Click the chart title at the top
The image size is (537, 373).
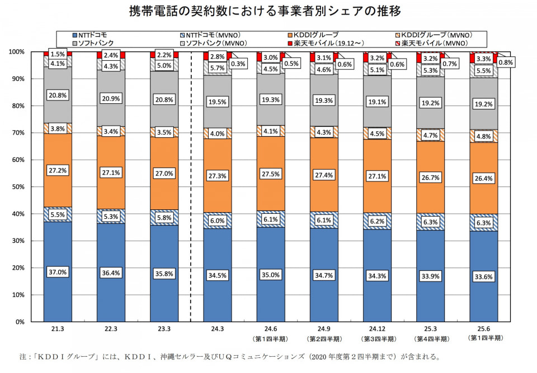click(268, 12)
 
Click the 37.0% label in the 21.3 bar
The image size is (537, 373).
click(58, 272)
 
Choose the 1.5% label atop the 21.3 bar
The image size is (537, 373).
click(58, 55)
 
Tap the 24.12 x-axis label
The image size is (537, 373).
click(377, 329)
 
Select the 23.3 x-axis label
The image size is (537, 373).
click(164, 329)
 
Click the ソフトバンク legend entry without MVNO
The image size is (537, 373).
click(97, 42)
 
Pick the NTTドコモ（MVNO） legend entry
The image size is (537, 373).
click(213, 35)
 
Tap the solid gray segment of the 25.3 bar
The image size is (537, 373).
click(431, 103)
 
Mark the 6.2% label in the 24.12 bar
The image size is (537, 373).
click(377, 221)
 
